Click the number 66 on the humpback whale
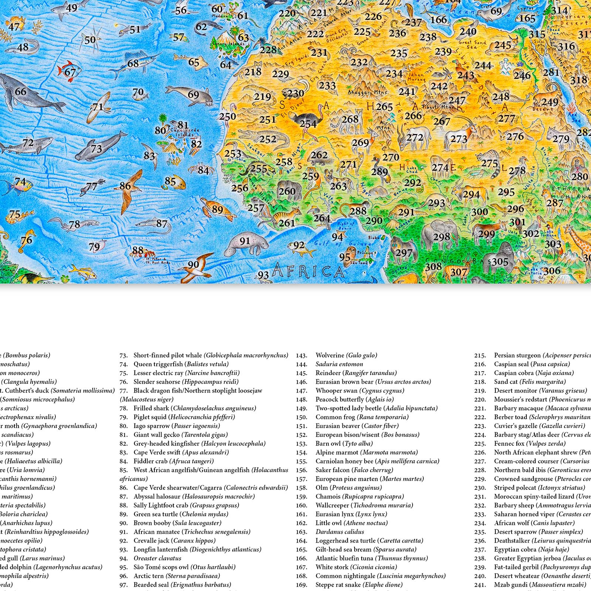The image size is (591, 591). pyautogui.click(x=21, y=91)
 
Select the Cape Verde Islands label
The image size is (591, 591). pyautogui.click(x=185, y=132)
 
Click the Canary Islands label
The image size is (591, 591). pyautogui.click(x=229, y=44)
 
